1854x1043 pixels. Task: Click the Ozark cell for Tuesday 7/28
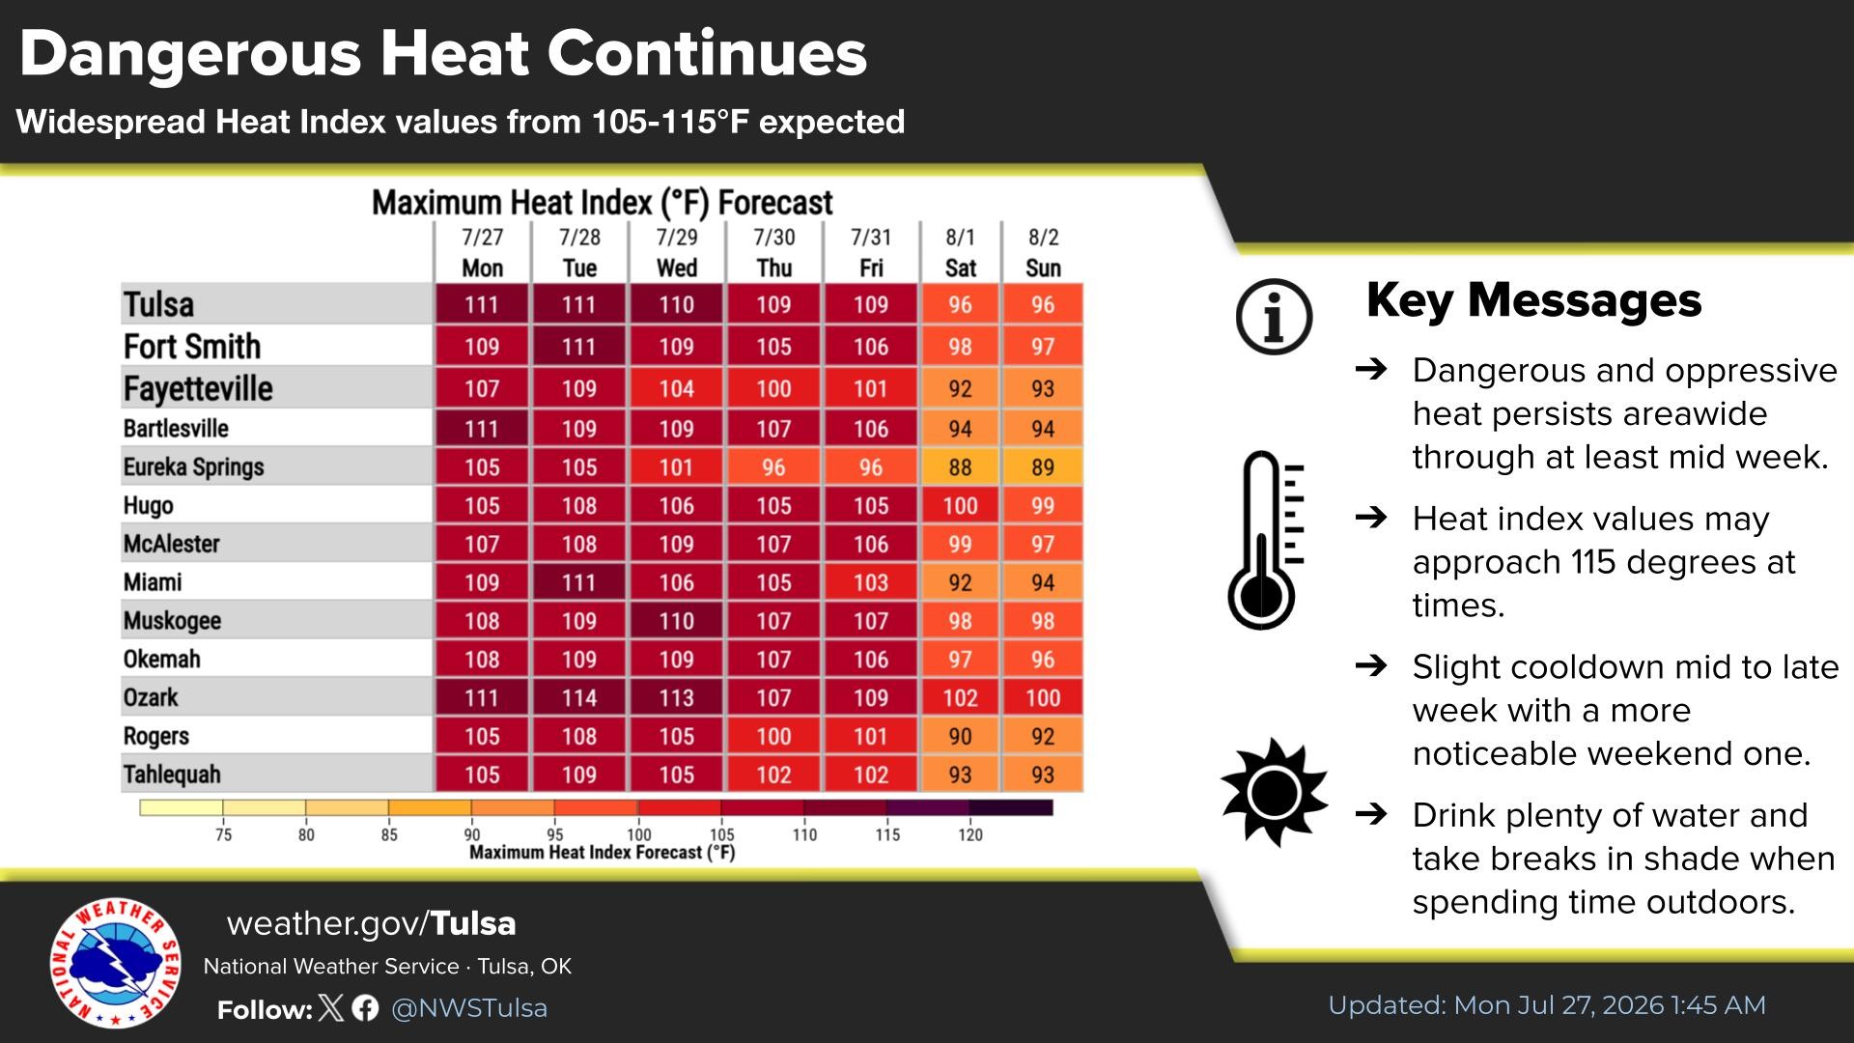click(x=579, y=697)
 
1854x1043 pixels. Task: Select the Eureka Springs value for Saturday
click(x=960, y=466)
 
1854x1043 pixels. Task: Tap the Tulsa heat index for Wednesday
click(x=676, y=304)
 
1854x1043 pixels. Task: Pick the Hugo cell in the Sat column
click(x=960, y=505)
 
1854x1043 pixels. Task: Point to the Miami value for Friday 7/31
click(x=870, y=582)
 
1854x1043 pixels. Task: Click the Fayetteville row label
click(x=198, y=388)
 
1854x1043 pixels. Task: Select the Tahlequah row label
click(x=172, y=775)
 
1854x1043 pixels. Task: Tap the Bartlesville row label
click(x=176, y=428)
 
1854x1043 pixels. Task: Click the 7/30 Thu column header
click(x=773, y=253)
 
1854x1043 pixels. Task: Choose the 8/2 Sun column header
click(x=1043, y=253)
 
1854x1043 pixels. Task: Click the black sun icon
click(x=1274, y=793)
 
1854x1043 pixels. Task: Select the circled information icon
click(x=1274, y=317)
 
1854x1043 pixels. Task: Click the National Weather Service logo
click(x=115, y=964)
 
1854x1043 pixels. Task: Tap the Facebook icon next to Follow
click(x=365, y=1008)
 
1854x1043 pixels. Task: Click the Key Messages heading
click(x=1533, y=300)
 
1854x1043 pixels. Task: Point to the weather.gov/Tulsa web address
click(x=371, y=924)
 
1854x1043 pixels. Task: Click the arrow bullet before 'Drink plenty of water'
click(x=1371, y=814)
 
